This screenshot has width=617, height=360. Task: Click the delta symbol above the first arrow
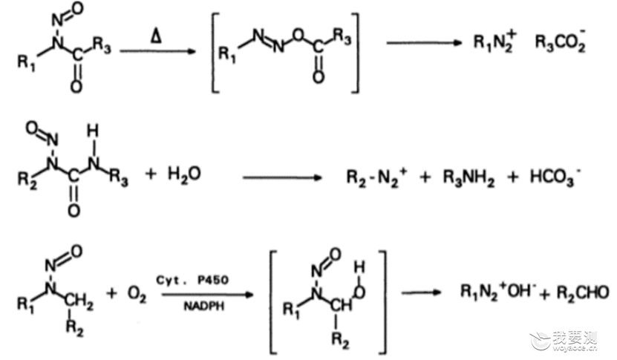click(156, 36)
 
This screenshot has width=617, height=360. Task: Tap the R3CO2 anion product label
click(561, 42)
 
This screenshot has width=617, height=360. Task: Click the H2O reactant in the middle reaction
click(184, 174)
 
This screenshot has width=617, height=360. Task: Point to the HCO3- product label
click(555, 177)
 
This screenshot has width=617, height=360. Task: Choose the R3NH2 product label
click(469, 177)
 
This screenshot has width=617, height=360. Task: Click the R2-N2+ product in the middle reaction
click(376, 177)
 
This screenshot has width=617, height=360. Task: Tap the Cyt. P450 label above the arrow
click(192, 280)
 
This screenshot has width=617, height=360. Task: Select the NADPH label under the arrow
click(203, 306)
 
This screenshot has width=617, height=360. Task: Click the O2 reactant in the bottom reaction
click(137, 293)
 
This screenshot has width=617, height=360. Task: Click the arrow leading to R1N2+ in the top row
click(424, 43)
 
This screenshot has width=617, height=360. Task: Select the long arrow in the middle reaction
click(283, 177)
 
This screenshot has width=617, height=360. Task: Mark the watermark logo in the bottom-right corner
click(563, 341)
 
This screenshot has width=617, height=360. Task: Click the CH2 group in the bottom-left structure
click(79, 303)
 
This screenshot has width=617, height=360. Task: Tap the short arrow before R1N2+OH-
click(421, 292)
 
